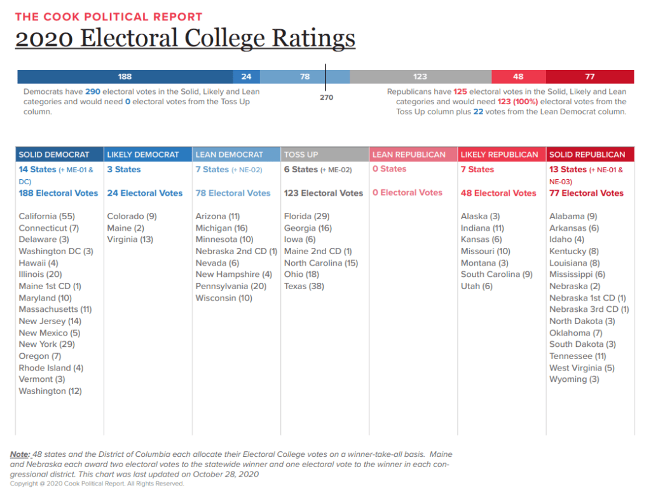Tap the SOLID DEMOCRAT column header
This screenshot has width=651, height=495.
click(54, 154)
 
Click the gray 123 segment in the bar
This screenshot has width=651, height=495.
click(420, 76)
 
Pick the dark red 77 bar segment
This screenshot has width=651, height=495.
click(590, 76)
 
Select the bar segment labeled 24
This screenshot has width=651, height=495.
click(246, 76)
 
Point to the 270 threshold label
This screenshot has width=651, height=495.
click(326, 97)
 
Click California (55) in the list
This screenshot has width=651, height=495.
click(46, 216)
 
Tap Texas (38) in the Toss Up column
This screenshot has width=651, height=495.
click(304, 286)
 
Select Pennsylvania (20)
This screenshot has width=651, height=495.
click(231, 286)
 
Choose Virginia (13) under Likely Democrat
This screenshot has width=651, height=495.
click(130, 240)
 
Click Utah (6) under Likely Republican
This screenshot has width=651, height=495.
click(477, 286)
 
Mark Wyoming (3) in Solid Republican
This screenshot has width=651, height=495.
click(574, 379)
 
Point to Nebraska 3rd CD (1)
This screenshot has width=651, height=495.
click(589, 309)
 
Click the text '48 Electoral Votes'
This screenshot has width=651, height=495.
click(498, 193)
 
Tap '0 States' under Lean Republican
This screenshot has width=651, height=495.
click(389, 169)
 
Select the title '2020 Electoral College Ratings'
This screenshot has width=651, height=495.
click(185, 38)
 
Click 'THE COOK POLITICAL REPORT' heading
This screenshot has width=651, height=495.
click(109, 17)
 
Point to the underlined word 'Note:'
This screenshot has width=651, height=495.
click(20, 454)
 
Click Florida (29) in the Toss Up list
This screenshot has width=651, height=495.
click(306, 216)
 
